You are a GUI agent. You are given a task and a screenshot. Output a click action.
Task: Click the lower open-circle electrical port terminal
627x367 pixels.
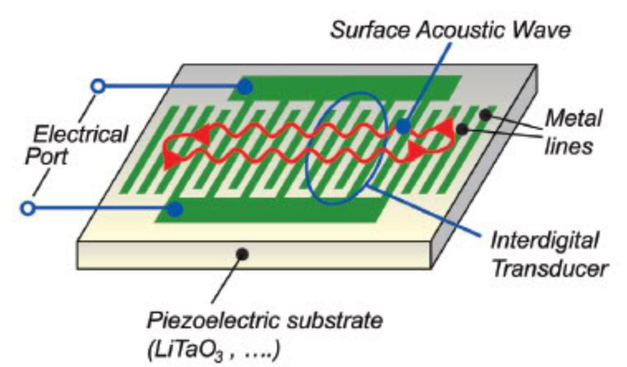30,210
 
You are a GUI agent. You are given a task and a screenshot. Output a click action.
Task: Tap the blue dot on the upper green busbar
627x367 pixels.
245,86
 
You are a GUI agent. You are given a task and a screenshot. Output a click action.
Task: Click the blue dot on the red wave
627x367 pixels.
403,127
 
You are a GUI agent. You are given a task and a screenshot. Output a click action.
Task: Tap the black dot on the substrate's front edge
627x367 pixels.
242,250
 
